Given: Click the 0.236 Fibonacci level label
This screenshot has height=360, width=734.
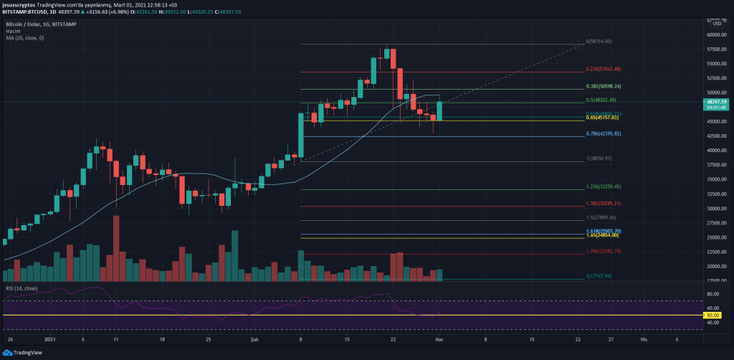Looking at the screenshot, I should (x=603, y=69).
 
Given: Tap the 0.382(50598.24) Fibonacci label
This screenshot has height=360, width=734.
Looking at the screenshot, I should (x=603, y=87).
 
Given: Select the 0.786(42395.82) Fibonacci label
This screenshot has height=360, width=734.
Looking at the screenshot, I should (x=603, y=134).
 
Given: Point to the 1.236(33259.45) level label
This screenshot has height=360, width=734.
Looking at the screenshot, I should (x=603, y=186).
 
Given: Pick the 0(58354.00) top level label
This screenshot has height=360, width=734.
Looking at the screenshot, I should (x=599, y=42).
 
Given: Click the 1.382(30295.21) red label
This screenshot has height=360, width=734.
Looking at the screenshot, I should (x=603, y=203).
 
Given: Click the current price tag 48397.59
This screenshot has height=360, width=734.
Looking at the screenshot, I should (x=716, y=102).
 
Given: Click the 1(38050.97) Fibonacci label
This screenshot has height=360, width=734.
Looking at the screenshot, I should (x=599, y=158).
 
